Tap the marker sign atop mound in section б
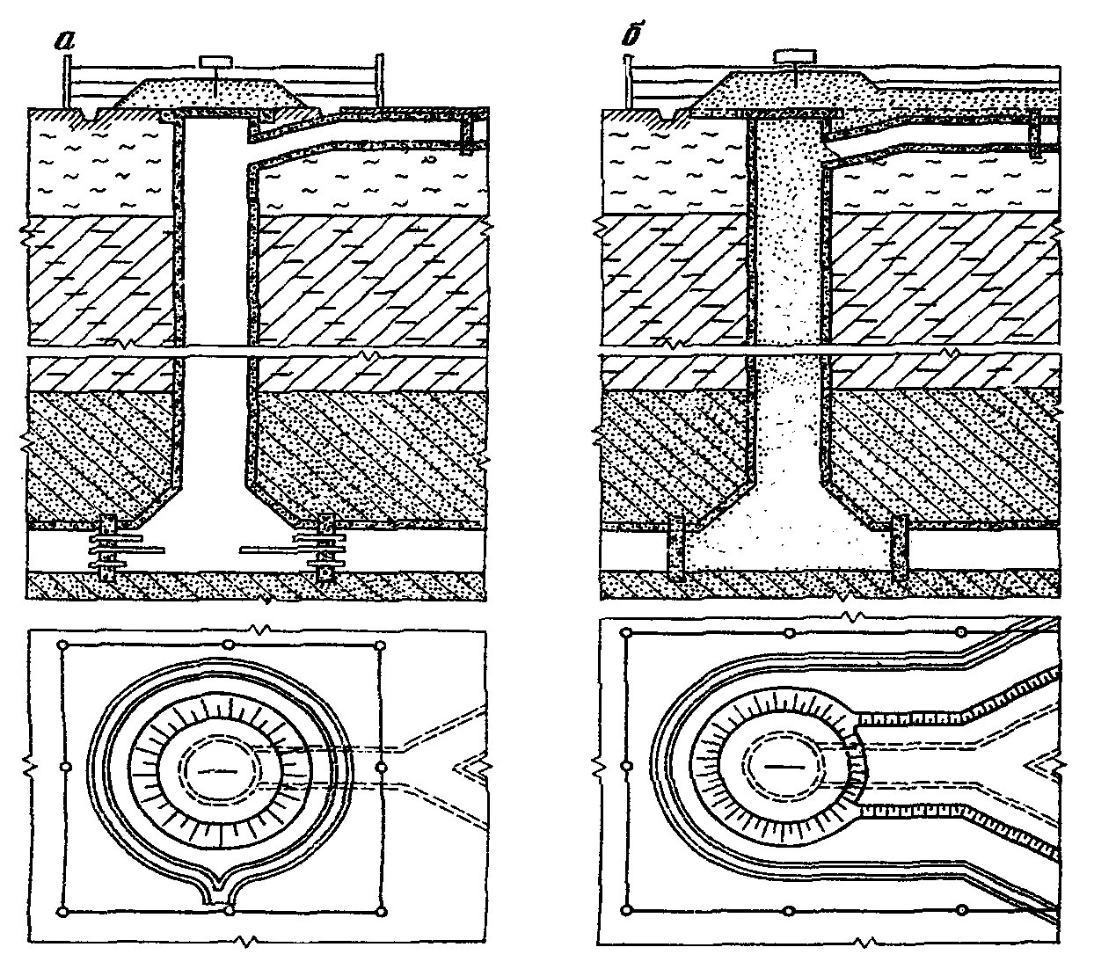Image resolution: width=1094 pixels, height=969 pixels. [793, 56]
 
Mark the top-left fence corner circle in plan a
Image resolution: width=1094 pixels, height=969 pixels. [62, 645]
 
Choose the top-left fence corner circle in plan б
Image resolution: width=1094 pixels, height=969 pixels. [627, 633]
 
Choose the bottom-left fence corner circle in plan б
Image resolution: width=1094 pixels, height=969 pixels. [627, 909]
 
